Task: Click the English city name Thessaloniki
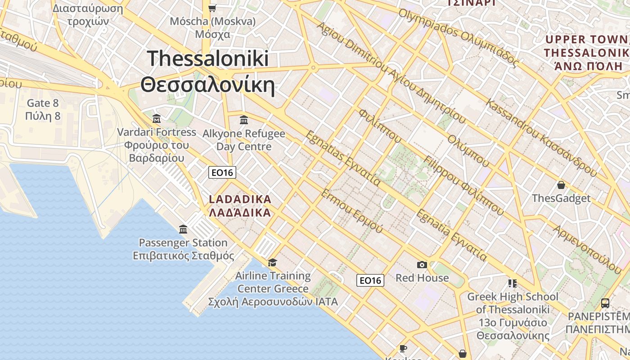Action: coord(207,59)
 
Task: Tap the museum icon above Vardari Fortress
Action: coord(157,119)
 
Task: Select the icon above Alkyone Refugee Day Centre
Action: coord(244,120)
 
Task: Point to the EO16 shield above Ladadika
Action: coord(222,172)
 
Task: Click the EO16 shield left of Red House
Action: coord(370,280)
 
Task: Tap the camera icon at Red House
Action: coord(422,265)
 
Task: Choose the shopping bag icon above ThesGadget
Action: coord(561,185)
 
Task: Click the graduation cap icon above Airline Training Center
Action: coord(272,262)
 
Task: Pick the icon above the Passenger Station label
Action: coord(183,229)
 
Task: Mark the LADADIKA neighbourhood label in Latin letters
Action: coord(240,199)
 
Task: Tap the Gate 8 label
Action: coord(43,103)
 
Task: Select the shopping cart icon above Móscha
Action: coord(212,8)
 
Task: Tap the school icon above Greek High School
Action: coord(512,283)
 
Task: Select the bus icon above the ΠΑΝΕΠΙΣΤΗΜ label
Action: coord(605,303)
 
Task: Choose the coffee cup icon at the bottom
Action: coord(403,348)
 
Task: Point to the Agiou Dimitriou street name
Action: coord(351,47)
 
